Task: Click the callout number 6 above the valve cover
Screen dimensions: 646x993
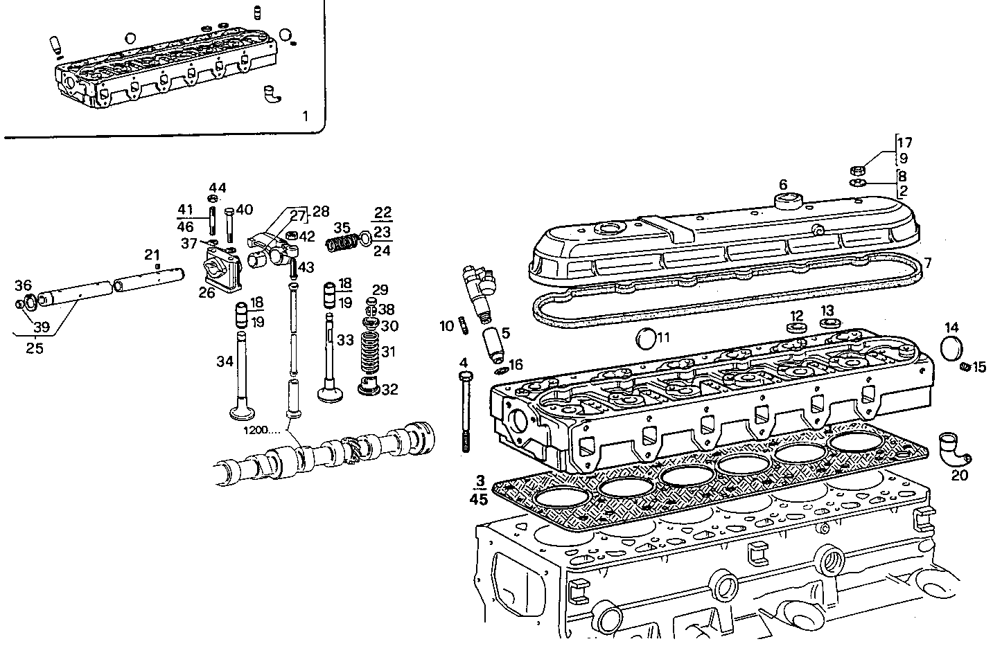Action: pyautogui.click(x=783, y=185)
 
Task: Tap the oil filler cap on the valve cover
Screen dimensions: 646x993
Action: pyautogui.click(x=787, y=201)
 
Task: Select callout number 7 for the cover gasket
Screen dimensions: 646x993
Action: pyautogui.click(x=928, y=263)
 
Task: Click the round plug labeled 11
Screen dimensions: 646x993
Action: pyautogui.click(x=646, y=340)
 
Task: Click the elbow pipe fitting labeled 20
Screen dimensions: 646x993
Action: pyautogui.click(x=954, y=449)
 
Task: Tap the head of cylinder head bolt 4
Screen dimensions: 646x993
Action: pyautogui.click(x=465, y=376)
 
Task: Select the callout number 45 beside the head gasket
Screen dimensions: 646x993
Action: pyautogui.click(x=479, y=499)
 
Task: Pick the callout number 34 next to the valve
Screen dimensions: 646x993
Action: pyautogui.click(x=225, y=361)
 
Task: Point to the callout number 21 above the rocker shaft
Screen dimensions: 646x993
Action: pyautogui.click(x=152, y=255)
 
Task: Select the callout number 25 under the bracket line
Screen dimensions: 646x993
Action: pyautogui.click(x=35, y=348)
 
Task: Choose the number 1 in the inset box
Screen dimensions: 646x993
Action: pyautogui.click(x=305, y=116)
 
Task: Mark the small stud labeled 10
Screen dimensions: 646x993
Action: pyautogui.click(x=462, y=325)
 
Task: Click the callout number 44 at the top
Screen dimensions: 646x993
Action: pyautogui.click(x=218, y=188)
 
